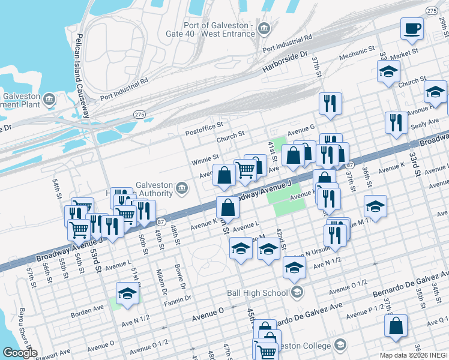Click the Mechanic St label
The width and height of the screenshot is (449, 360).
point(357,52)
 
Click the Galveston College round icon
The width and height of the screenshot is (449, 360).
point(340,345)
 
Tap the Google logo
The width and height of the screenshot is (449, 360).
point(19,353)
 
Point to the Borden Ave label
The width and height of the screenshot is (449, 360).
point(87,311)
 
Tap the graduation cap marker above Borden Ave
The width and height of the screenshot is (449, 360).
point(127,294)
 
